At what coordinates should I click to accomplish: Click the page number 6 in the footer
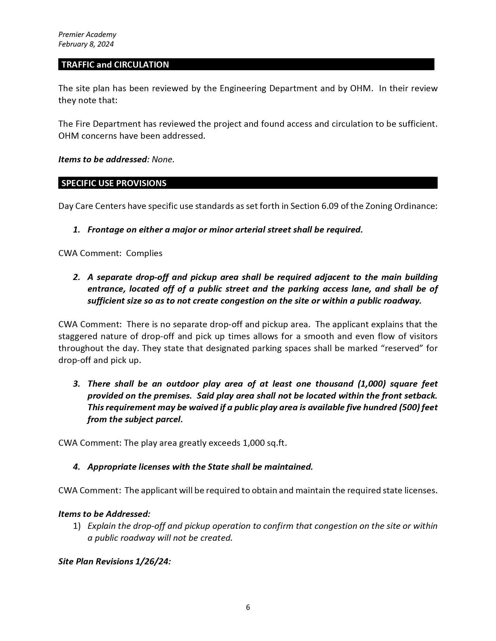(248, 607)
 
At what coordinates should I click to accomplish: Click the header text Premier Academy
(87, 35)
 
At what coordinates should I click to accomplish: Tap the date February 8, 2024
(86, 44)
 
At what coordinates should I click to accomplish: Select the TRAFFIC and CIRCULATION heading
(115, 65)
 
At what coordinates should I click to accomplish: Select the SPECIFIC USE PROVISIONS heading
(114, 183)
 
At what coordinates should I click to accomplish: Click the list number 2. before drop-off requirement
(76, 277)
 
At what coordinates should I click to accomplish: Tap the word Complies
(144, 253)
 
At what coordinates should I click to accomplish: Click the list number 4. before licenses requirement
(76, 467)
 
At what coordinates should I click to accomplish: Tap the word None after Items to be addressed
(163, 160)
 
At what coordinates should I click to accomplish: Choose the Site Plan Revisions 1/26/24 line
(115, 561)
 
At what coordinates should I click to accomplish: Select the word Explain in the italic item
(101, 526)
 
